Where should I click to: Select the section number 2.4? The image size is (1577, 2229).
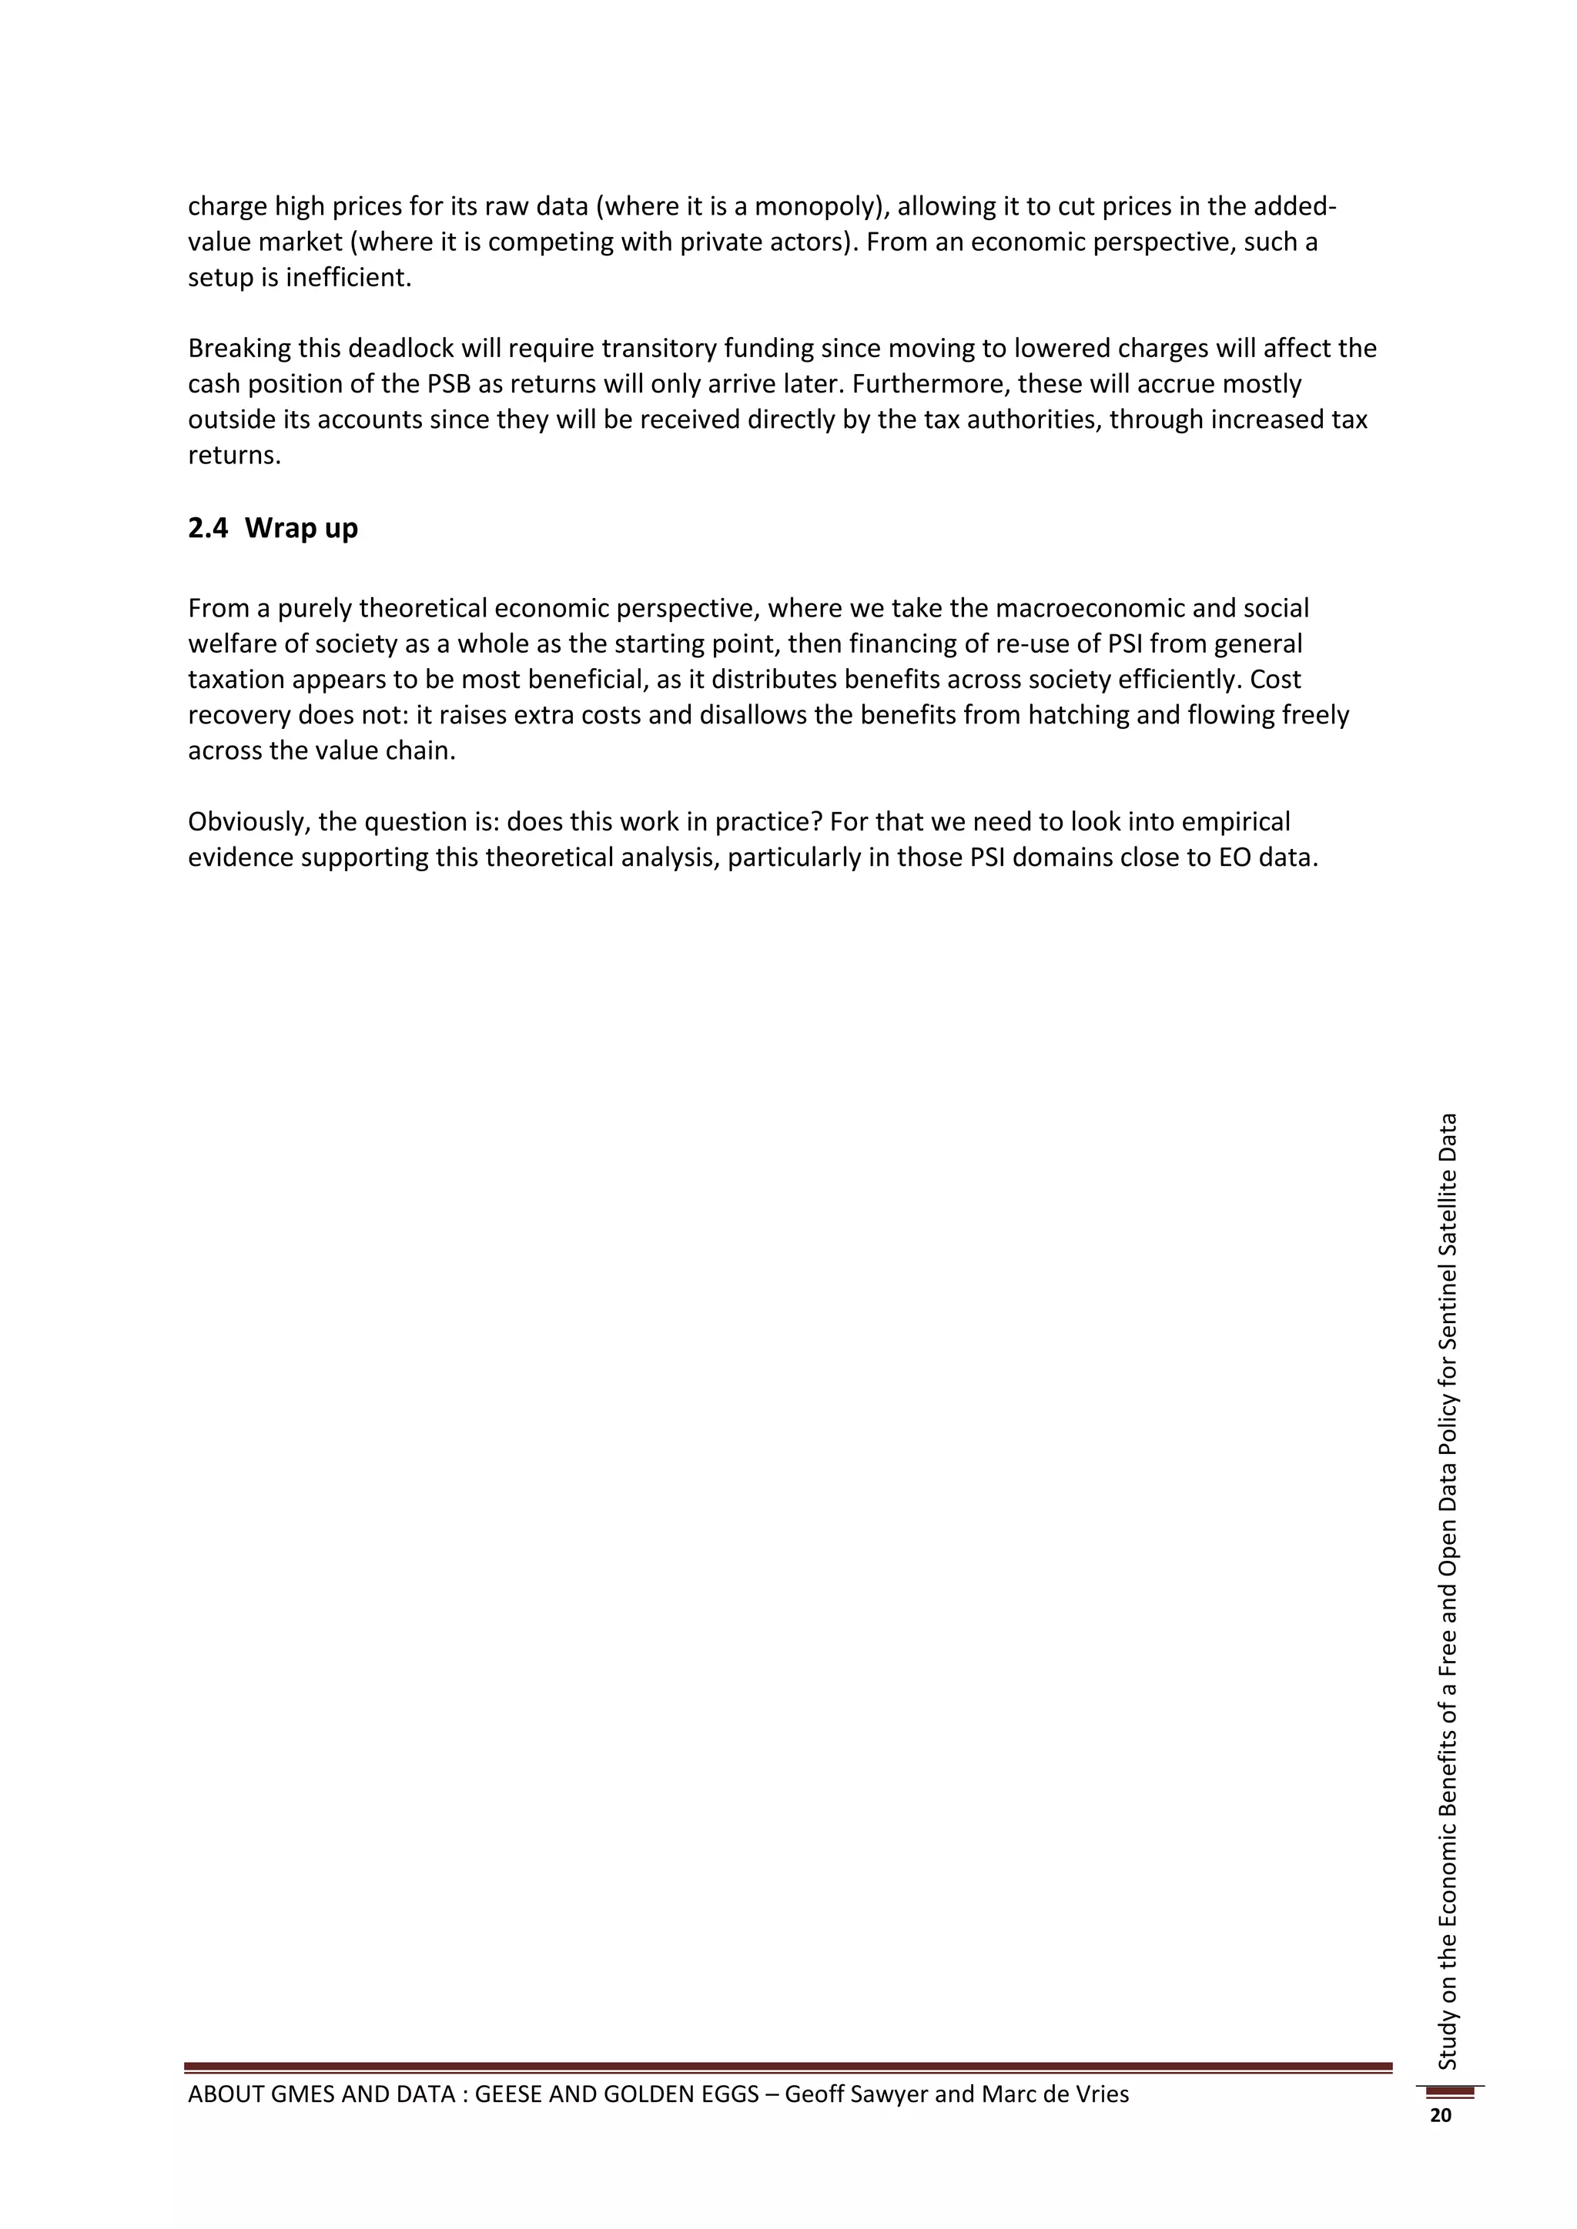coord(208,528)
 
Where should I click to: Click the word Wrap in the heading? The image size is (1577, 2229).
coord(274,528)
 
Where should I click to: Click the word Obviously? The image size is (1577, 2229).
coord(249,822)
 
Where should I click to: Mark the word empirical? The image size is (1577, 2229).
coord(1228,822)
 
